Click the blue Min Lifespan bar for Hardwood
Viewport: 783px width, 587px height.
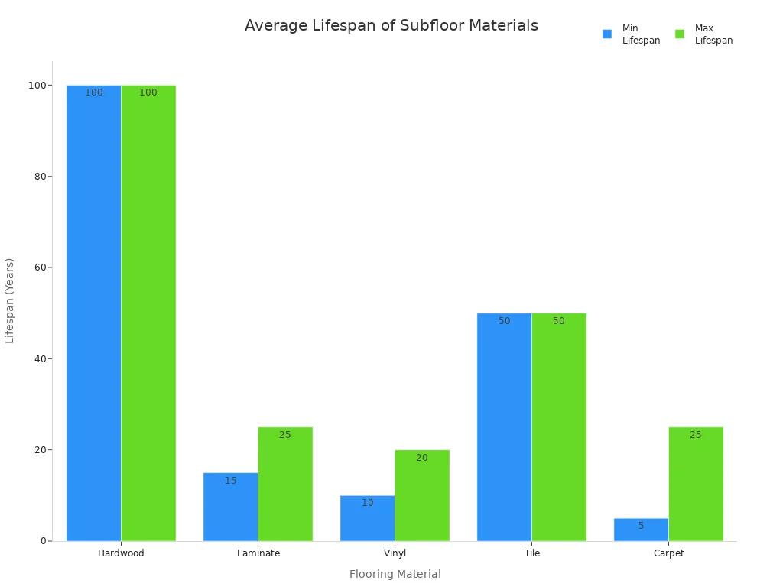tap(93, 313)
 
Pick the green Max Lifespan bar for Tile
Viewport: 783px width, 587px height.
tap(559, 427)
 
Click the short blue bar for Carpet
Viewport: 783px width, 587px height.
tap(641, 530)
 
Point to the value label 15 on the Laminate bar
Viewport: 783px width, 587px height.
tap(231, 481)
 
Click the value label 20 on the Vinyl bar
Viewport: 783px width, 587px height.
tap(422, 458)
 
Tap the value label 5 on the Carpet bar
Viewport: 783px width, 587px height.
tap(641, 526)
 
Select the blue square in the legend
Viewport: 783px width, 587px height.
tap(607, 34)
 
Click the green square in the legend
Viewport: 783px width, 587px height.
tap(680, 34)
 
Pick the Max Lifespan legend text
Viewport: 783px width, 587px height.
tap(713, 34)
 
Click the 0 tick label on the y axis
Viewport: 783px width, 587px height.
tap(44, 541)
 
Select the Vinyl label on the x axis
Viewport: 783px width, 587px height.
tap(395, 553)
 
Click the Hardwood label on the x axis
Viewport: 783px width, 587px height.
tap(121, 553)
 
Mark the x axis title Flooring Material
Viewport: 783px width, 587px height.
tap(395, 574)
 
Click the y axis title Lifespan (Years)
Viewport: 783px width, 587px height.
tap(10, 300)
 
